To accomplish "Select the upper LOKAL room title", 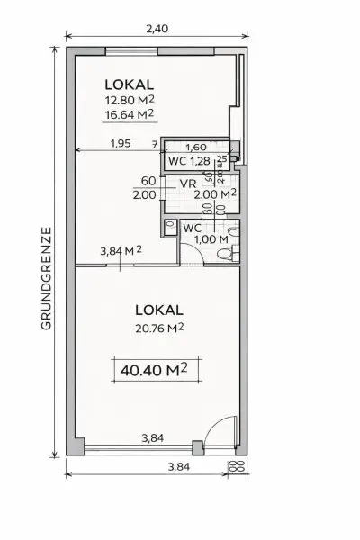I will point(128,85).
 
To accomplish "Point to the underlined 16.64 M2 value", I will point(129,114).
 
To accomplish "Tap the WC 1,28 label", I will point(189,162).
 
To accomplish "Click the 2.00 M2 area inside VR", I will point(214,193).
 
